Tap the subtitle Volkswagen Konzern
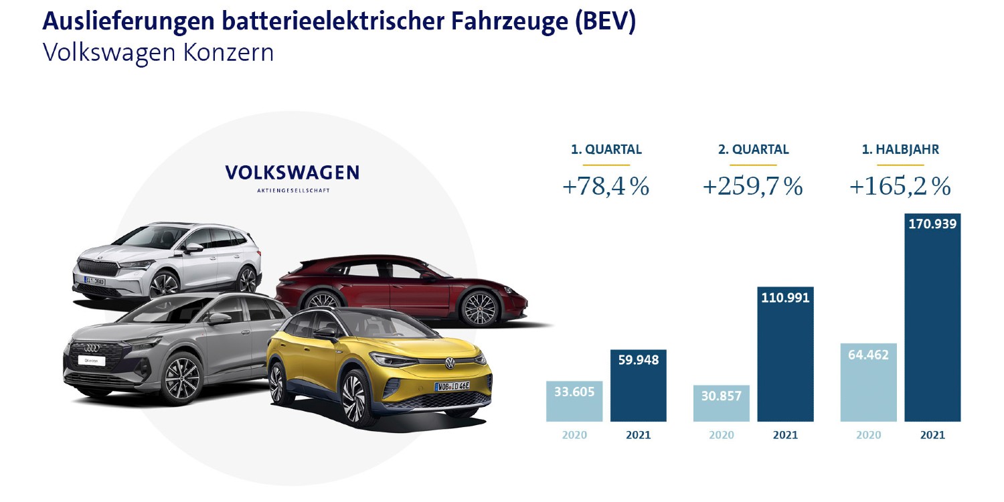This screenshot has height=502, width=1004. pos(158,53)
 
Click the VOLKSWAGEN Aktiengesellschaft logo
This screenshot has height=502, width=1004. pos(292,175)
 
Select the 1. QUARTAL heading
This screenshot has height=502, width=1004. pos(606,150)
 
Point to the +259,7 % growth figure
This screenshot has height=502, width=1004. pos(752,187)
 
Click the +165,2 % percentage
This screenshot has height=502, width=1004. pos(900,187)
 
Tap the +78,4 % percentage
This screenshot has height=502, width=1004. pos(606,187)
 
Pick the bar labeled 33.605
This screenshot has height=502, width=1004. pos(574,402)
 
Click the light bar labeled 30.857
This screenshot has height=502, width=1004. pos(721,404)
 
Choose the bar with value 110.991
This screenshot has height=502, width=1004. pos(785,355)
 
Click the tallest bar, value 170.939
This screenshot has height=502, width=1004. pos(932,318)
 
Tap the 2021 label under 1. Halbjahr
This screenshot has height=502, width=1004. pos(932,435)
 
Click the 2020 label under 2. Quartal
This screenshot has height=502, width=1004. pos(721,435)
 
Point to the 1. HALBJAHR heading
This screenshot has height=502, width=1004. pos(900,150)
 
